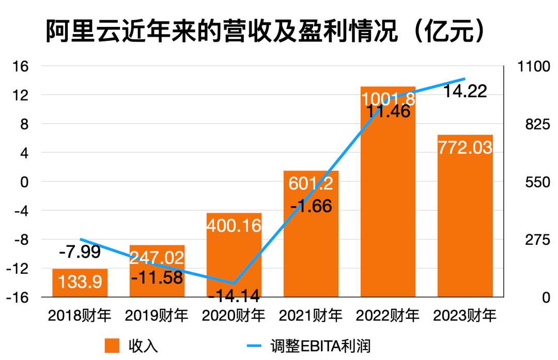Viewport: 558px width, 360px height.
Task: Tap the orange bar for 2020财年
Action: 234,258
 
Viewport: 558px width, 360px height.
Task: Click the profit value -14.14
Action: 234,296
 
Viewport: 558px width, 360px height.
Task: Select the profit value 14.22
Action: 466,91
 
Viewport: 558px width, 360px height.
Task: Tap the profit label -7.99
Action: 80,253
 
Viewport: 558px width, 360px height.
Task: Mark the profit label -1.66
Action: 311,206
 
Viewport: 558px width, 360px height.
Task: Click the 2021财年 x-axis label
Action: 311,315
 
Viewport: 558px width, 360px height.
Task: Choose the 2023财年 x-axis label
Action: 465,315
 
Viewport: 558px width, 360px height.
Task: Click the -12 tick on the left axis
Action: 20,269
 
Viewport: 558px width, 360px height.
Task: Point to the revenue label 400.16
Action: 234,225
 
